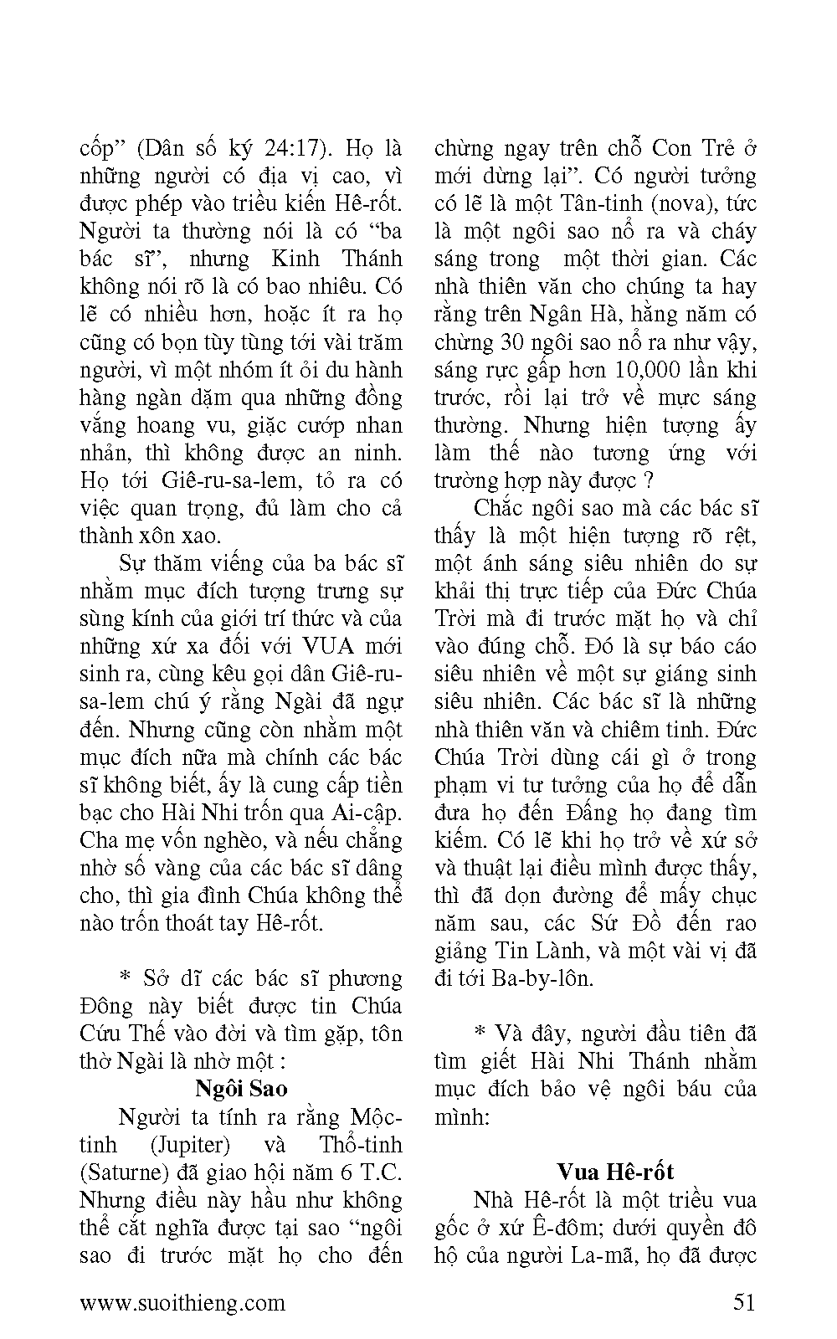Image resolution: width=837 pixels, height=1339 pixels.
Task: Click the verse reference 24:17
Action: (284, 148)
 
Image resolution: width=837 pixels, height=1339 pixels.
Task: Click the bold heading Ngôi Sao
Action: (241, 1089)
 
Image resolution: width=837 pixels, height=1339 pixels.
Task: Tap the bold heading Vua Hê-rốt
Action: (615, 1172)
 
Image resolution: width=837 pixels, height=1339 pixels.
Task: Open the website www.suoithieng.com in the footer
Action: (182, 1302)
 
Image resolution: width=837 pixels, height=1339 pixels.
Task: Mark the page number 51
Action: (743, 1302)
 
